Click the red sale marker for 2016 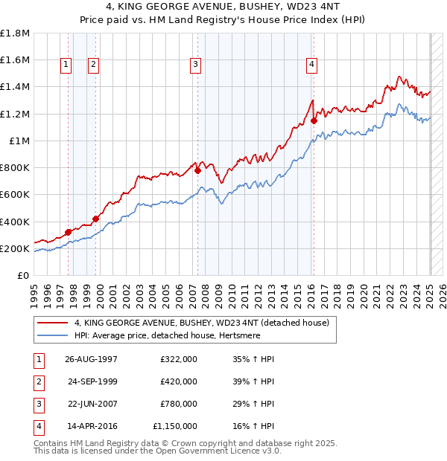tap(314, 120)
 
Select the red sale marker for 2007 tap(198, 170)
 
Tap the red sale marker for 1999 tap(95, 219)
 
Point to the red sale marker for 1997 tap(69, 232)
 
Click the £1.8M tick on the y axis tap(15, 33)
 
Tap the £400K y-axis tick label tap(15, 222)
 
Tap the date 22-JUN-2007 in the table tap(91, 404)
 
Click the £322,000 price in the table tap(179, 359)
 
